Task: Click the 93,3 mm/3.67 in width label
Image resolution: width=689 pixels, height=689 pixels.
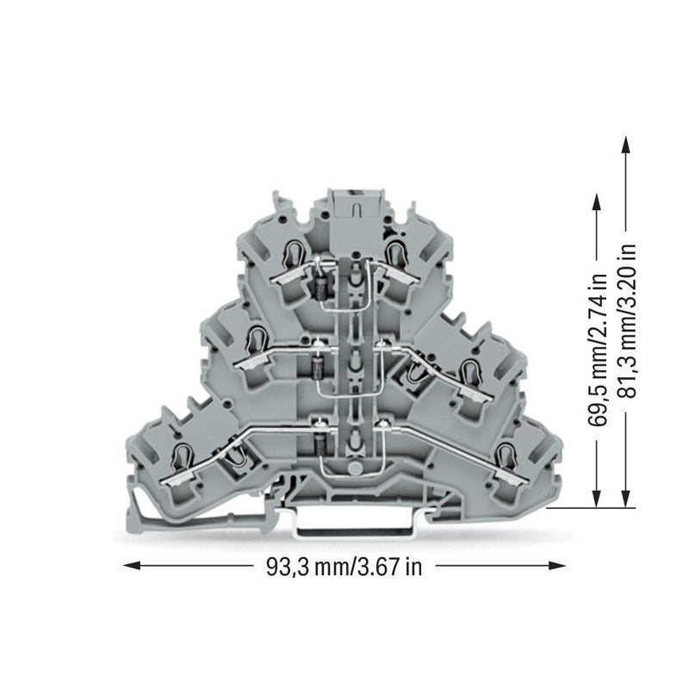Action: pos(344,567)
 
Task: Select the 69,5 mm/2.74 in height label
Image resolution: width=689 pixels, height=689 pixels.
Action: pos(598,349)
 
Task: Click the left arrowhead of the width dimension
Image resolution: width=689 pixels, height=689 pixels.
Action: pos(132,566)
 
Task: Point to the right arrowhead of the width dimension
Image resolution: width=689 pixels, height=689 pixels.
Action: pos(556,566)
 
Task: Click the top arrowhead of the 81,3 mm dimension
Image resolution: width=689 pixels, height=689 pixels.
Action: pos(625,145)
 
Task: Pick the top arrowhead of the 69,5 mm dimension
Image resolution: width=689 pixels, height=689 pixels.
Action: pos(597,203)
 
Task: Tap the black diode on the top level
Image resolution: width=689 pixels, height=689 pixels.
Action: pos(321,288)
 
